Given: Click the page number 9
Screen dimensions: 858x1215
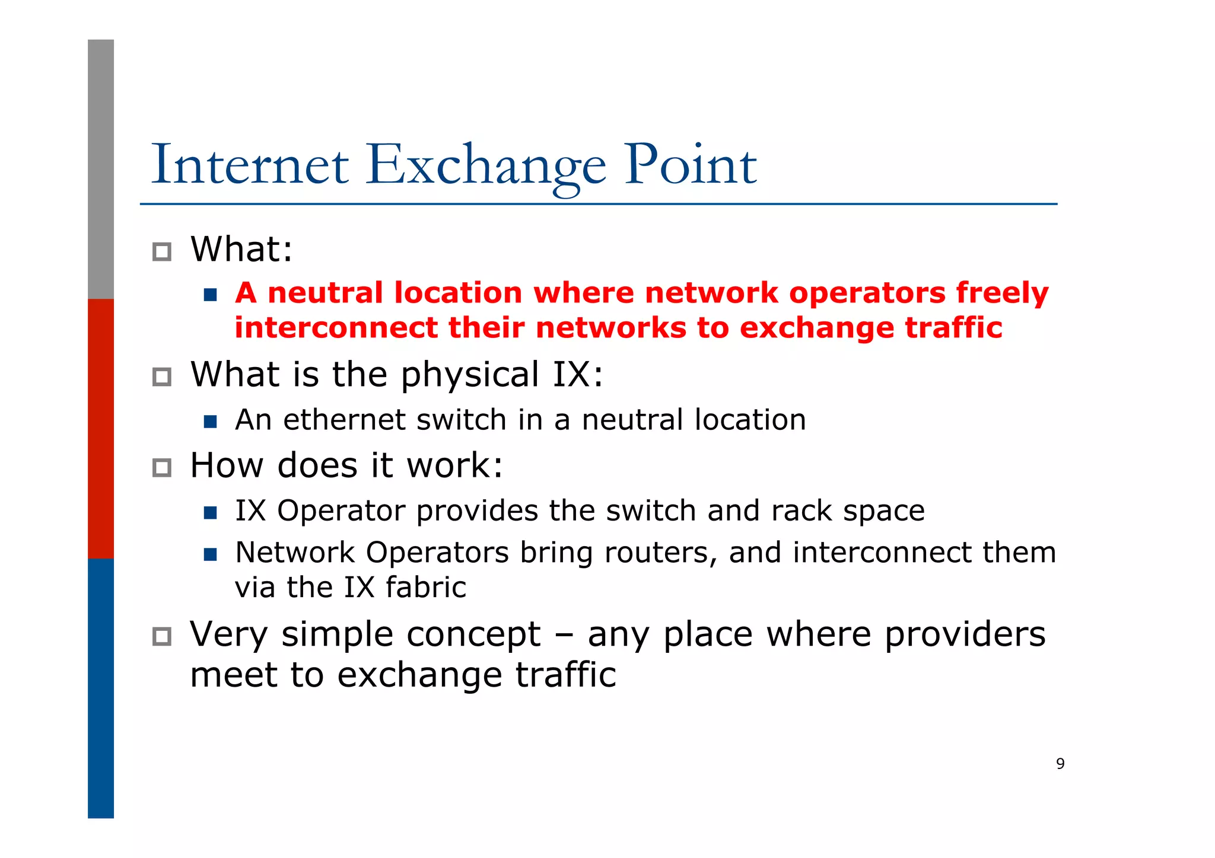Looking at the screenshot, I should [x=1060, y=764].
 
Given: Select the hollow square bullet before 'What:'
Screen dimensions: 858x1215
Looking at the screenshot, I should [x=161, y=252].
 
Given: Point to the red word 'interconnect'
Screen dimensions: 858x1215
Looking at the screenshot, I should [x=336, y=328].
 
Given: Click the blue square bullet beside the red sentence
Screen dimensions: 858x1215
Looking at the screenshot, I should [x=210, y=295].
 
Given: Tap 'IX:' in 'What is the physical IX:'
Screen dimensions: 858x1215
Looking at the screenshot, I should [x=577, y=375].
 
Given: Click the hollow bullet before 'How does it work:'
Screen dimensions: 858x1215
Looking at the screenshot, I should [x=161, y=468].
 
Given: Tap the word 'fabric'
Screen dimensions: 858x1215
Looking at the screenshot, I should [x=425, y=588].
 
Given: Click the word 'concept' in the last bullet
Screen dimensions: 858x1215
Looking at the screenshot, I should [x=470, y=634].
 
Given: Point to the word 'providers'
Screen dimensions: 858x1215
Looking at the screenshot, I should [x=965, y=634].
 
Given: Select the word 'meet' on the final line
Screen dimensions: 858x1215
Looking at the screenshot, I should [x=234, y=675].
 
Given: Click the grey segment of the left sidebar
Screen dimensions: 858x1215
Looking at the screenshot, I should [x=101, y=169].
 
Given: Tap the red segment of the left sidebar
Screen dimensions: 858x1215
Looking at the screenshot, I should [x=101, y=428].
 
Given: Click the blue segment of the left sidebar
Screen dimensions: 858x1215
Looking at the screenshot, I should [x=101, y=688].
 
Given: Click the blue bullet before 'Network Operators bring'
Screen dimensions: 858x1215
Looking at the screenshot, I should [x=210, y=554].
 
